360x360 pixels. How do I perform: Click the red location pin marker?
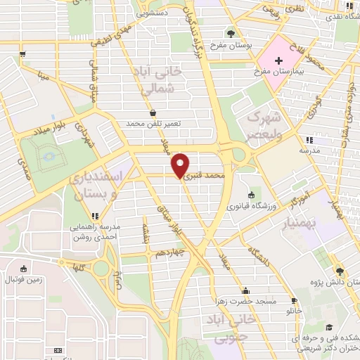[x=181, y=165]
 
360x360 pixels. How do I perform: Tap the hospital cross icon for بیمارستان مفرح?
[x=279, y=61]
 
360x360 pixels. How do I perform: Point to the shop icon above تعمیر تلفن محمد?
[x=153, y=112]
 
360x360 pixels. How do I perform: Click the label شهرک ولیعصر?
[x=264, y=125]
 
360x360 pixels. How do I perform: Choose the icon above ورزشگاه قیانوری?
[x=251, y=195]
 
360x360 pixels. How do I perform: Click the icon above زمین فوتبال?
[x=24, y=268]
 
